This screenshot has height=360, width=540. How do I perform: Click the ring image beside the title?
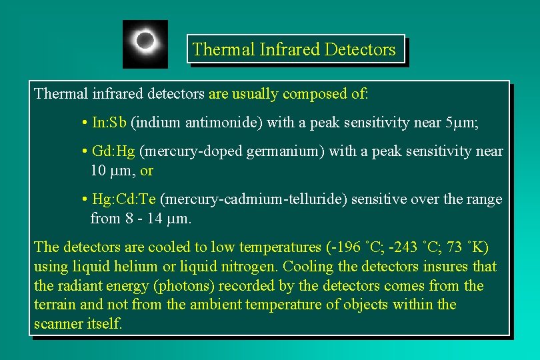[145, 43]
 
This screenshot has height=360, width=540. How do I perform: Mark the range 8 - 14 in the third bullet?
[148, 218]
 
